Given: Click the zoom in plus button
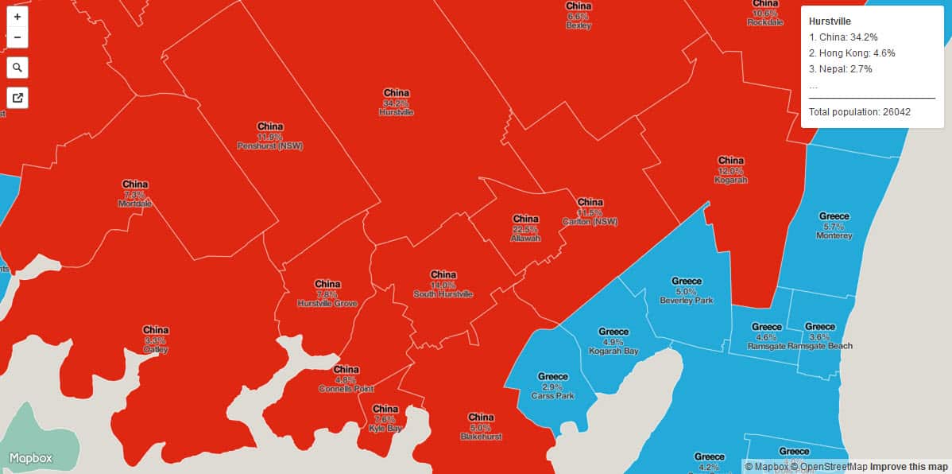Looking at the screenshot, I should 17,16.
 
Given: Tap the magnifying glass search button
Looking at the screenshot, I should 17,68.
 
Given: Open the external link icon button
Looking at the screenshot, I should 17,98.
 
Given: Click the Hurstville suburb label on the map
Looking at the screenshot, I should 396,113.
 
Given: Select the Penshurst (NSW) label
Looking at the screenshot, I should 269,146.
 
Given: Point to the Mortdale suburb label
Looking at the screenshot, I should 134,204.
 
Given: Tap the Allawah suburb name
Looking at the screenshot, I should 525,239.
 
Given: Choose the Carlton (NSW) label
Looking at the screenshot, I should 590,222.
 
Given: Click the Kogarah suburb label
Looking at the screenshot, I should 730,180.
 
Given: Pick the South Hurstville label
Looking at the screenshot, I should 443,294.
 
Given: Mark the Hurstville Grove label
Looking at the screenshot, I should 327,304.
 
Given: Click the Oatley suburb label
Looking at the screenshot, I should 156,349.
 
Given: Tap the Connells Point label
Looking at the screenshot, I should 346,389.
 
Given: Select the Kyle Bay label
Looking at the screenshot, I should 385,428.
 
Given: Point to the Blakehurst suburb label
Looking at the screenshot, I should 481,437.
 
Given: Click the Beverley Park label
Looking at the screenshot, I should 687,301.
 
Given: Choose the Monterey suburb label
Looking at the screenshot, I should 834,235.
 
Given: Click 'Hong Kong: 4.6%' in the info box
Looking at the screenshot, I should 852,53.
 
